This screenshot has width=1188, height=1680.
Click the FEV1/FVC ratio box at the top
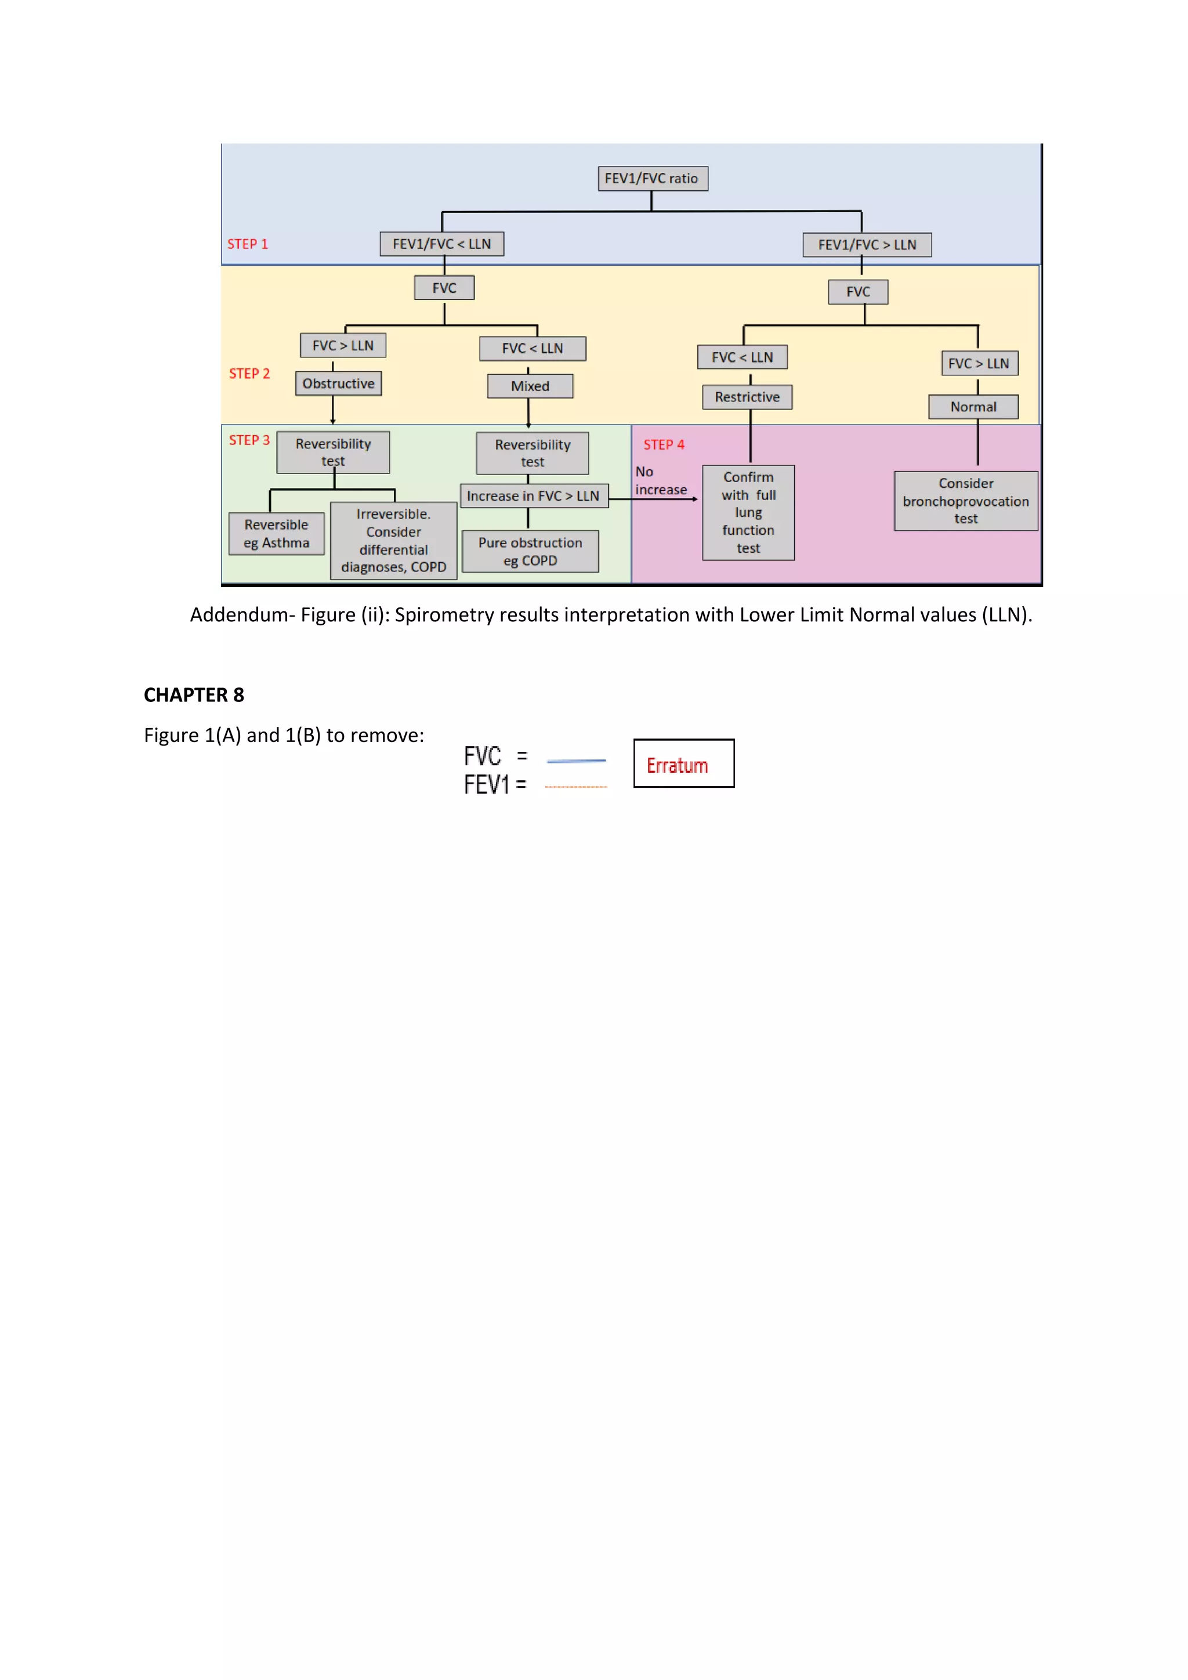pyautogui.click(x=653, y=179)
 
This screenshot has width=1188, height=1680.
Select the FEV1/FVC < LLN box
pyautogui.click(x=442, y=244)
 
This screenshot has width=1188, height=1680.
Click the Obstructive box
pyautogui.click(x=338, y=383)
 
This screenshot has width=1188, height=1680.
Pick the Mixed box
pyautogui.click(x=530, y=386)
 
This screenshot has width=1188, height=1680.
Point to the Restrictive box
pyautogui.click(x=747, y=397)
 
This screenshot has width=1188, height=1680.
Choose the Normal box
pyautogui.click(x=973, y=407)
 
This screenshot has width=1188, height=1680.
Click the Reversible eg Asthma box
pyautogui.click(x=277, y=534)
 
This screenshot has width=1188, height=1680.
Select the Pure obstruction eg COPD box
pyautogui.click(x=530, y=552)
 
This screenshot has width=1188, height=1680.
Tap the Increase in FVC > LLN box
pyautogui.click(x=533, y=496)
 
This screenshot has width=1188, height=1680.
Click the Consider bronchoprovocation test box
pyautogui.click(x=966, y=501)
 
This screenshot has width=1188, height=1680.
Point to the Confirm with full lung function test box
pyautogui.click(x=748, y=513)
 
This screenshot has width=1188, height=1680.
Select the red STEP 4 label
pyautogui.click(x=664, y=445)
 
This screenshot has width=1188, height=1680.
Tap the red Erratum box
pyautogui.click(x=684, y=764)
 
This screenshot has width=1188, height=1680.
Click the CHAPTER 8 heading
pyautogui.click(x=194, y=695)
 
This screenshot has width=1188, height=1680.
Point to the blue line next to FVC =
pyautogui.click(x=577, y=761)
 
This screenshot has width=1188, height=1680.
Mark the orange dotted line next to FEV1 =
pyautogui.click(x=577, y=787)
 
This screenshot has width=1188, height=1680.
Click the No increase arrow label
pyautogui.click(x=661, y=481)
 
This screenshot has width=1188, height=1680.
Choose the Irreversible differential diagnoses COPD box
pyautogui.click(x=393, y=541)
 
